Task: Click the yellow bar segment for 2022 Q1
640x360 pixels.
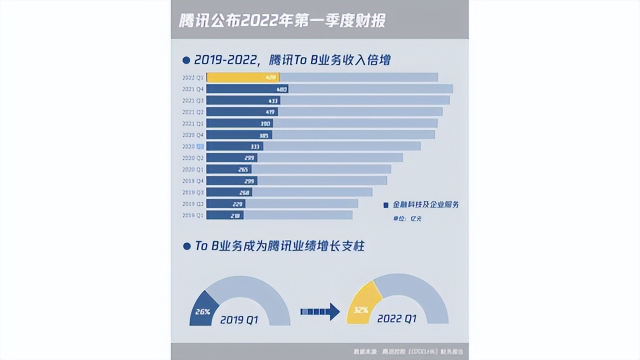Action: (242, 77)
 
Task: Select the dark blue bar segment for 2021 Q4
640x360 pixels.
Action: (247, 89)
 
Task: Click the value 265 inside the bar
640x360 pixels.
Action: (243, 169)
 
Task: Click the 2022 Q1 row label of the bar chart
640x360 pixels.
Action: (192, 77)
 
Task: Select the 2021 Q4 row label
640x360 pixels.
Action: (192, 89)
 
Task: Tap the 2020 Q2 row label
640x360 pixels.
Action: (192, 158)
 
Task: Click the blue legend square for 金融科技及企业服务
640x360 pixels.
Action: (385, 205)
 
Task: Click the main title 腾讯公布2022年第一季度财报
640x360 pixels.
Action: (282, 21)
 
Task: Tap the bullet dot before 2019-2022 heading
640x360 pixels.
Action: (186, 60)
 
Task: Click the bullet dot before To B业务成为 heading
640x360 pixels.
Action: (186, 246)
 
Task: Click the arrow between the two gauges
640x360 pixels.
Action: (320, 311)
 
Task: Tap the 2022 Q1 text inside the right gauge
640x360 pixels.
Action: (397, 318)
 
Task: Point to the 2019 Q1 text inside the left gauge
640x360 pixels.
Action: (239, 319)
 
